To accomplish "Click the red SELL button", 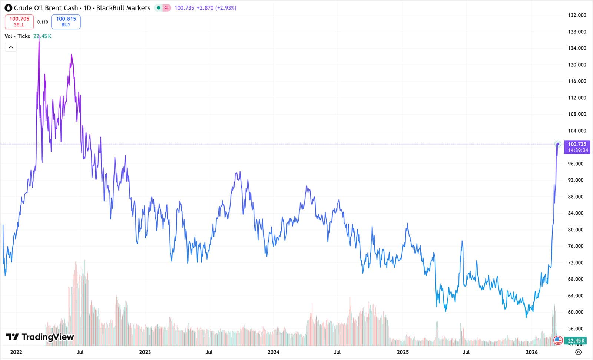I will point(19,22).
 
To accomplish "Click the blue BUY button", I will point(66,22).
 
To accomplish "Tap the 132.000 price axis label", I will point(577,15).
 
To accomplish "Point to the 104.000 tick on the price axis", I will point(577,131).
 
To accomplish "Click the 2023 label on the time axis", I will point(145,352).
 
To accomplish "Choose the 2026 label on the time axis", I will point(531,352).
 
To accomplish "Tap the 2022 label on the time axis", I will point(16,352).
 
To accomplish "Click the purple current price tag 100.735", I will point(577,147).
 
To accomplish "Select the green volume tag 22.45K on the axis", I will point(576,340).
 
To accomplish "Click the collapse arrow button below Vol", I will point(11,47).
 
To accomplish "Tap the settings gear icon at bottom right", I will point(579,352).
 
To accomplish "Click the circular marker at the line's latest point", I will point(558,144).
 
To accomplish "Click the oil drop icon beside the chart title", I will point(8,8).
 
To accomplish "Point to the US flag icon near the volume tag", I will point(558,340).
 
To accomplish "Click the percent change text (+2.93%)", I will point(226,8).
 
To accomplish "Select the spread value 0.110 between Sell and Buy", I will point(43,22).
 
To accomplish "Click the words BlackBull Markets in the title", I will point(123,8).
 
